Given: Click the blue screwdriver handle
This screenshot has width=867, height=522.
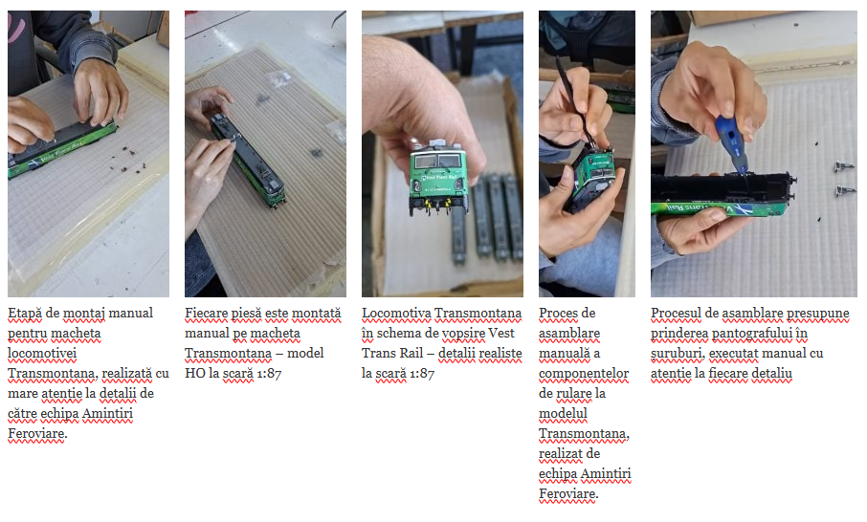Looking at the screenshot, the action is pyautogui.click(x=731, y=141).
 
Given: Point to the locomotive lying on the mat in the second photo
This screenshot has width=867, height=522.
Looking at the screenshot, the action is pyautogui.click(x=248, y=159).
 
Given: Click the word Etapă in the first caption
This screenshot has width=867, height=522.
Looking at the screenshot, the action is pyautogui.click(x=25, y=314).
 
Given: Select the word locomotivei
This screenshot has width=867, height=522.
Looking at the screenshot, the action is pyautogui.click(x=42, y=354).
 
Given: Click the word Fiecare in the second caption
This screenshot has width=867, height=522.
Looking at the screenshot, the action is pyautogui.click(x=206, y=314).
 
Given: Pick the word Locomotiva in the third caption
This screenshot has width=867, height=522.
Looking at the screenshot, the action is pyautogui.click(x=396, y=314).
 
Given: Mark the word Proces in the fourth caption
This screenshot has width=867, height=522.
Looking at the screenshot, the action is pyautogui.click(x=557, y=314).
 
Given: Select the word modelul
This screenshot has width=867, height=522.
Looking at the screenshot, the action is pyautogui.click(x=563, y=414).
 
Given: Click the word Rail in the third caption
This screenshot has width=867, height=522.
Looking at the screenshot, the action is pyautogui.click(x=411, y=354).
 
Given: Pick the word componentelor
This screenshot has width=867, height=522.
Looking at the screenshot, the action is pyautogui.click(x=584, y=374).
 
